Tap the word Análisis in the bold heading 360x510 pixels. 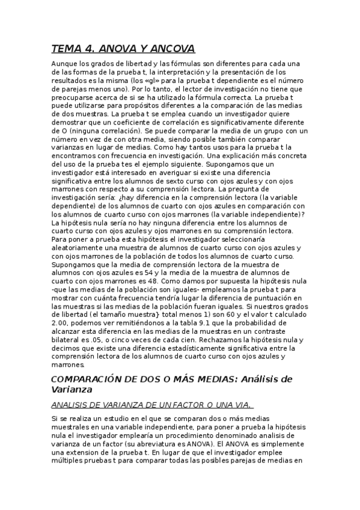pyautogui.click(x=258, y=379)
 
